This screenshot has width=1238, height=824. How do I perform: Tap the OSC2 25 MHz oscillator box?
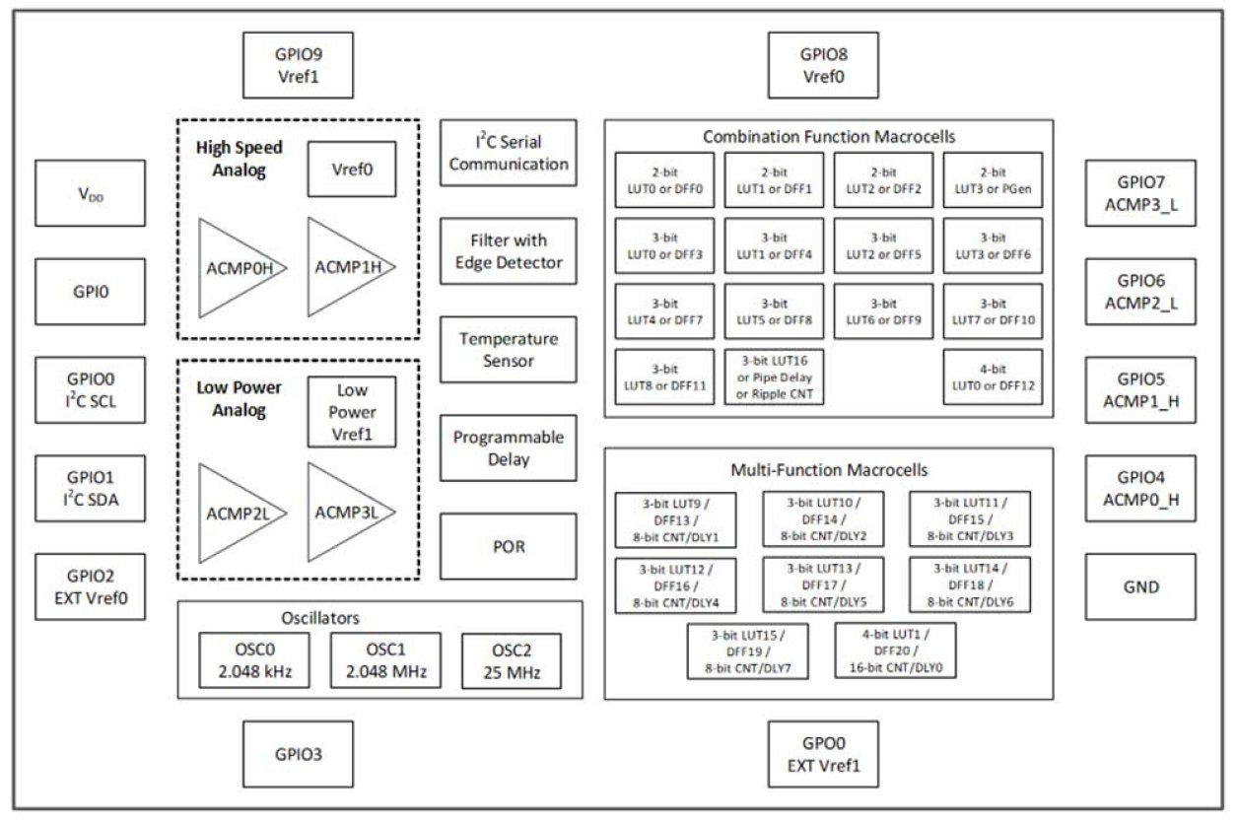(511, 660)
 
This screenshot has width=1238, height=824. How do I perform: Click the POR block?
(508, 546)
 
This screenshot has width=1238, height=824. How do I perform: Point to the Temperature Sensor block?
(508, 350)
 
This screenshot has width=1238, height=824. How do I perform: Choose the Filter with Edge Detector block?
(508, 251)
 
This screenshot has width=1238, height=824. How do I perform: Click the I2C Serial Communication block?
(508, 153)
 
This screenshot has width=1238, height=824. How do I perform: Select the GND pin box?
(1139, 586)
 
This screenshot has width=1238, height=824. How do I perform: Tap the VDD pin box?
(90, 193)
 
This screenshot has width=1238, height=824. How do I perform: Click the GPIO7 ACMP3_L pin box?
(1139, 193)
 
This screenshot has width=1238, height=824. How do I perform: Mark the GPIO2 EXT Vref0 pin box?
(90, 586)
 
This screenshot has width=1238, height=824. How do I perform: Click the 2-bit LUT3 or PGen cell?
(993, 179)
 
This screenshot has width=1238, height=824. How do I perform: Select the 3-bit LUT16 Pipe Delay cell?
(774, 377)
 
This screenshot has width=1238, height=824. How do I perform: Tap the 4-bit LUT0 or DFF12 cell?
(993, 377)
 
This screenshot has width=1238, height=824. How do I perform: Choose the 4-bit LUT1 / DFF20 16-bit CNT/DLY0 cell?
(895, 651)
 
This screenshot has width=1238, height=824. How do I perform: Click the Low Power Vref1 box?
(352, 411)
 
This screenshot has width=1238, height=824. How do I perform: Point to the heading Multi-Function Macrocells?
(828, 470)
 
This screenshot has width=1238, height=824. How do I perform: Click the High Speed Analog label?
(240, 159)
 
